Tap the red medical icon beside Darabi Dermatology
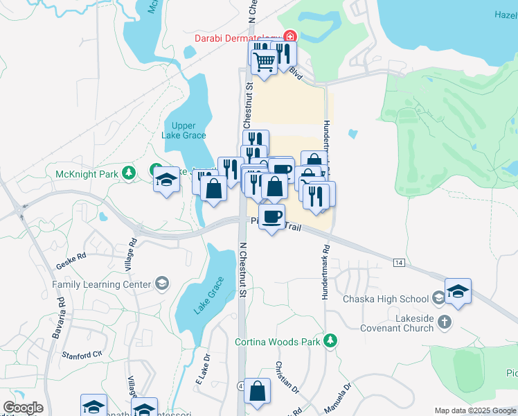[289, 36]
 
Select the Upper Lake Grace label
[184, 130]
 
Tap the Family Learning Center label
[101, 284]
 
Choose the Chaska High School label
[386, 299]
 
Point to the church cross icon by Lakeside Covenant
[445, 322]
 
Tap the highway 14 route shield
[398, 262]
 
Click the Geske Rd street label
[72, 256]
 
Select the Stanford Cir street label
[82, 355]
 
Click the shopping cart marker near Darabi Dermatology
[265, 61]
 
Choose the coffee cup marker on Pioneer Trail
[271, 216]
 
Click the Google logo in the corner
[23, 408]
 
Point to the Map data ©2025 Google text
[475, 410]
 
